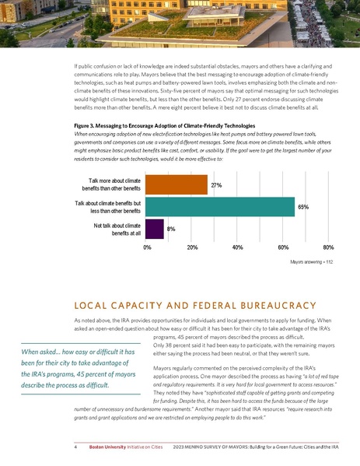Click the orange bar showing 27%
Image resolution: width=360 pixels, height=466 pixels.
point(177,185)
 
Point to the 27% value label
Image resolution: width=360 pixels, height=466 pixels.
point(217,186)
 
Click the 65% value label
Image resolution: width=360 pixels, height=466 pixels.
point(304,208)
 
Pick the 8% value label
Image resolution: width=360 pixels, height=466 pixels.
point(170,229)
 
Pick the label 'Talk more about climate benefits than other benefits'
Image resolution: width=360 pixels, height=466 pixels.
point(112,185)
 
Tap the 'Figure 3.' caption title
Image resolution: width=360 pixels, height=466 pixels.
point(88,124)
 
